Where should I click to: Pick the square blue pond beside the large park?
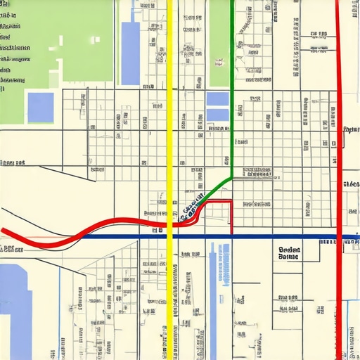point(40,107)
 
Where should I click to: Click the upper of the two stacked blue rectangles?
point(217,98)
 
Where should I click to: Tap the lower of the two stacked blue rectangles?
point(217,115)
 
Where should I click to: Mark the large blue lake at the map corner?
point(14,309)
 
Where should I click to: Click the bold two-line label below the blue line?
point(288,253)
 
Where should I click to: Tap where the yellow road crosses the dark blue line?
point(169,237)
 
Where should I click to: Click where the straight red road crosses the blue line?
point(338,237)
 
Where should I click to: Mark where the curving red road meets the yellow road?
point(169,224)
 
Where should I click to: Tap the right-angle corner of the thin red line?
point(231,202)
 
